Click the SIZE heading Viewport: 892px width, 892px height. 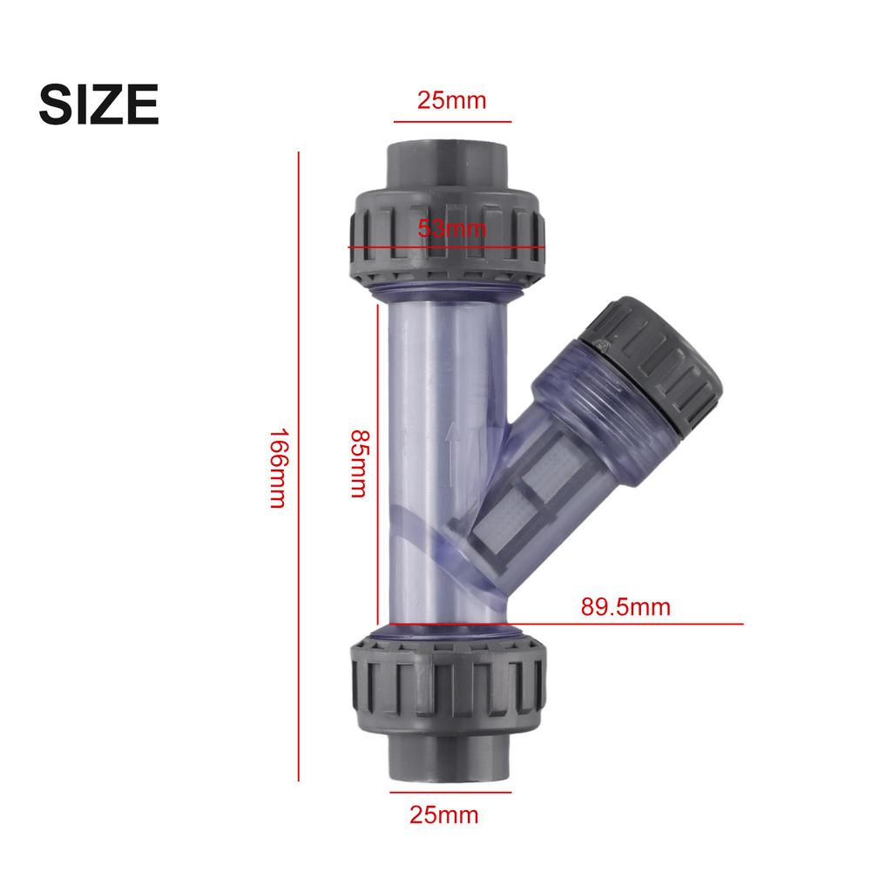pyautogui.click(x=98, y=105)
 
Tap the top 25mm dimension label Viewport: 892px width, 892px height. pyautogui.click(x=451, y=100)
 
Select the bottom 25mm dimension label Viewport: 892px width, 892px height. pyautogui.click(x=444, y=815)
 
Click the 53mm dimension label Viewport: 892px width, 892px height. pyautogui.click(x=452, y=229)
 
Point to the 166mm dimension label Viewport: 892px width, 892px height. pyautogui.click(x=277, y=468)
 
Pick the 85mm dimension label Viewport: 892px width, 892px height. pyautogui.click(x=358, y=463)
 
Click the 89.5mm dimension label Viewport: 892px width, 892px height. pyautogui.click(x=625, y=606)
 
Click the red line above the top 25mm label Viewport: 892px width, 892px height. pyautogui.click(x=452, y=122)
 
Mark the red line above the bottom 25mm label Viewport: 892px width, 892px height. pyautogui.click(x=444, y=794)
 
